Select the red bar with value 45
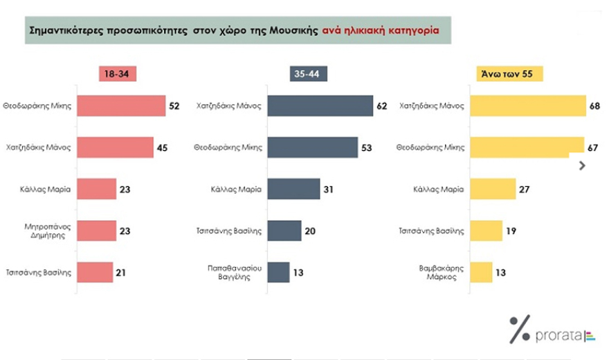[x=115, y=147]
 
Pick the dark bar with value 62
[x=320, y=106]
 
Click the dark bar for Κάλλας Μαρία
[x=293, y=188]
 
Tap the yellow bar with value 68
[x=527, y=106]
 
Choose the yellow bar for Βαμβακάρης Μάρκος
[x=481, y=272]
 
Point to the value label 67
[x=593, y=147]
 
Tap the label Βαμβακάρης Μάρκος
[x=439, y=272]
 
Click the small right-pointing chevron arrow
[x=582, y=165]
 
